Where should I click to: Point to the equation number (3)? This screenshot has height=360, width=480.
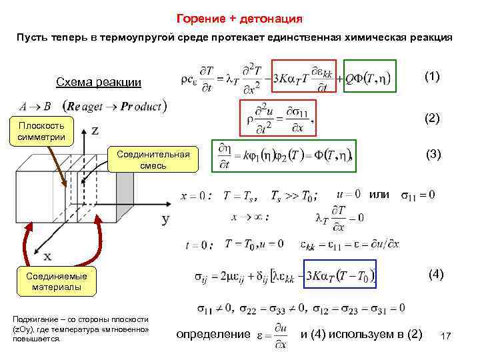coord(434,154)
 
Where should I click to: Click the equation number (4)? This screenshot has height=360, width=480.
coord(435,275)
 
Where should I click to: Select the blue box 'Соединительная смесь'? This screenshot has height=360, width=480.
coord(153,160)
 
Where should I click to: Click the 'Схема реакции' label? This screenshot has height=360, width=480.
coord(98,83)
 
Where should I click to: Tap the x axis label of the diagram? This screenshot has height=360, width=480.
coord(48,256)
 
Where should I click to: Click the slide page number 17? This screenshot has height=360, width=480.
coord(446,339)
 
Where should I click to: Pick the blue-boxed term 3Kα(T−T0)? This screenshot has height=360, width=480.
coord(340,274)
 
